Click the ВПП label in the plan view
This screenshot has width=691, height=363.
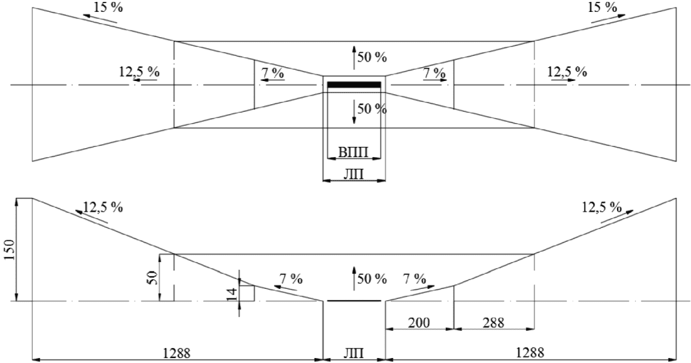click(x=354, y=151)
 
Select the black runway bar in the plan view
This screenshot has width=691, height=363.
click(x=354, y=84)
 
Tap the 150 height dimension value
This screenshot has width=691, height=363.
click(x=9, y=251)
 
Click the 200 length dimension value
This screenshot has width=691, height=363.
click(x=418, y=322)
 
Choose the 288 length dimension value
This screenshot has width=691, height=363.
click(x=493, y=322)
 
